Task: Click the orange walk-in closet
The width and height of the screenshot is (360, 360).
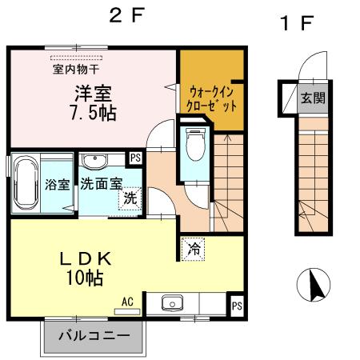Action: pyautogui.click(x=211, y=88)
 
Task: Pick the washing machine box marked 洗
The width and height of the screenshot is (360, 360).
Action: pyautogui.click(x=130, y=198)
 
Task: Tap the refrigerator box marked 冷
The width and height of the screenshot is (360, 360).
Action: pyautogui.click(x=193, y=249)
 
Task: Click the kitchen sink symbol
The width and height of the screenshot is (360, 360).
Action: pyautogui.click(x=171, y=304)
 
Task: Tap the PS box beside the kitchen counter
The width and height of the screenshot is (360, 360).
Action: pyautogui.click(x=236, y=305)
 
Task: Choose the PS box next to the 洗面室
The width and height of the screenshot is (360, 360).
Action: pyautogui.click(x=136, y=158)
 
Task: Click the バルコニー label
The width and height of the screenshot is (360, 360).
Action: pyautogui.click(x=92, y=335)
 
